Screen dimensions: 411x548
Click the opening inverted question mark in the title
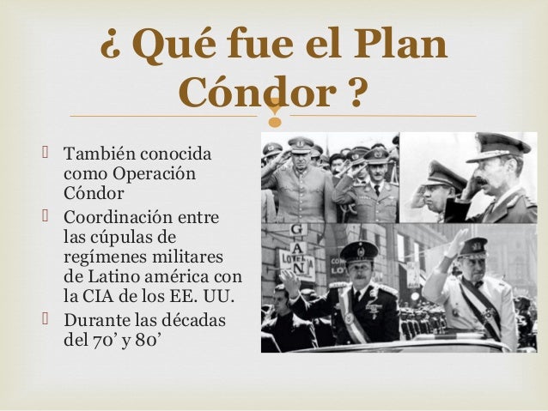click(x=111, y=45)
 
